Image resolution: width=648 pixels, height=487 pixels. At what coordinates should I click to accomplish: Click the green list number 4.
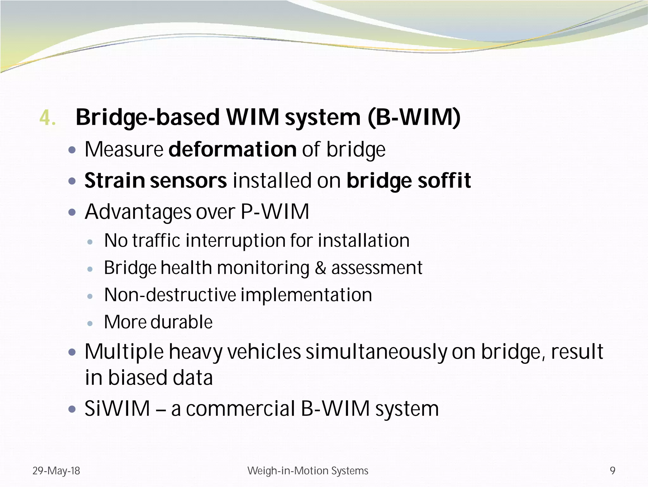coord(47,118)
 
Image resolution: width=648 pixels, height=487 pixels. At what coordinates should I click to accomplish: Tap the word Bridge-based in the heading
coord(147,117)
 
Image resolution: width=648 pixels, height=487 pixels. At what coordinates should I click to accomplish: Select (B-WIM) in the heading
coord(414,117)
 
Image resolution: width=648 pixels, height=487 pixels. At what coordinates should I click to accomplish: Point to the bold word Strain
coord(115,180)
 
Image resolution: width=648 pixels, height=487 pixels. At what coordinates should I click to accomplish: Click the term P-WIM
coord(275,212)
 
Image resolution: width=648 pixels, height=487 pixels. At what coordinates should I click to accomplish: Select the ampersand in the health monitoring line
coord(320,268)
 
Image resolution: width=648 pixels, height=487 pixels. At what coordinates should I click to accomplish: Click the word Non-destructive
coord(170,295)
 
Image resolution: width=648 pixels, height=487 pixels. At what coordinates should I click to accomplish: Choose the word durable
coord(181,322)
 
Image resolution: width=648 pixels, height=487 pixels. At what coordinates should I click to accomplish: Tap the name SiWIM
coord(117,408)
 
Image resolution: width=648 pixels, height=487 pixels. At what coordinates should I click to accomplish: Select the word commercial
coord(240,408)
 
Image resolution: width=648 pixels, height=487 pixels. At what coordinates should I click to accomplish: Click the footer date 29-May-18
coord(56,471)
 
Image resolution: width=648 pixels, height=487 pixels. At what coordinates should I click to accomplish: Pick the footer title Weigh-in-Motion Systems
coord(308,471)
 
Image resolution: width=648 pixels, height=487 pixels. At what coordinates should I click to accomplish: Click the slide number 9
coord(613,471)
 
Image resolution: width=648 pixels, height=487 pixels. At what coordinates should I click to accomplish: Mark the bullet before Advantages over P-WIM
coord(72,212)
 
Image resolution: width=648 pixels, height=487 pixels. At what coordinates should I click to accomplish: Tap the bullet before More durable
coord(90,324)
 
